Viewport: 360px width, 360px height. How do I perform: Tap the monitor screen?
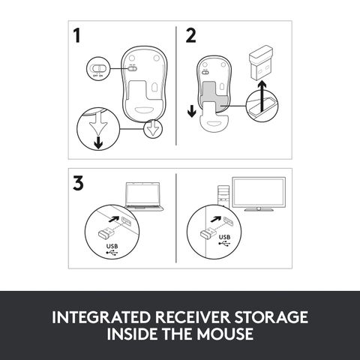coord(258,192)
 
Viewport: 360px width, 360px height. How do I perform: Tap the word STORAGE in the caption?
coord(271,316)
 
